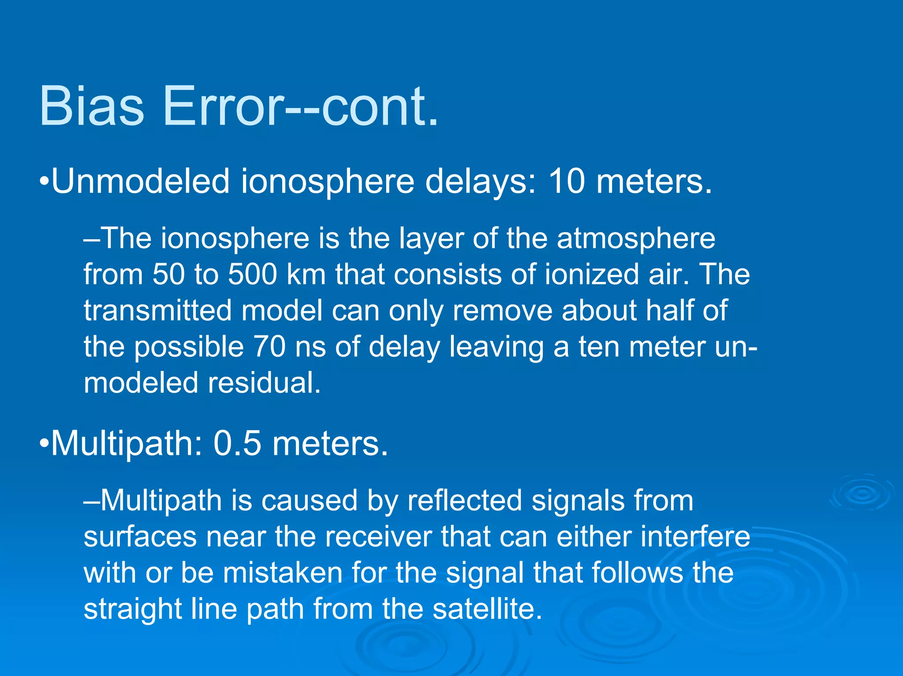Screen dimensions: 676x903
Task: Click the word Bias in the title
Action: click(92, 107)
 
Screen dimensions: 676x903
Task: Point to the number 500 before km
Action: click(252, 275)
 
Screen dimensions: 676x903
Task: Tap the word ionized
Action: click(592, 275)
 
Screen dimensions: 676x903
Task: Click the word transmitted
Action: click(157, 311)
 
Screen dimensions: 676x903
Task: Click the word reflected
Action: click(464, 501)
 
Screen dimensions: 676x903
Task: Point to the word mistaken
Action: click(283, 573)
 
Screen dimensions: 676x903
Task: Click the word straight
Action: click(133, 609)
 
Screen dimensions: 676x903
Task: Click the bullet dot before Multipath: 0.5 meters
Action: click(43, 444)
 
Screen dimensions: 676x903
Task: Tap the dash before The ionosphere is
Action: click(92, 239)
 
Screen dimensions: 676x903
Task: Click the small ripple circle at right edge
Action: click(862, 493)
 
